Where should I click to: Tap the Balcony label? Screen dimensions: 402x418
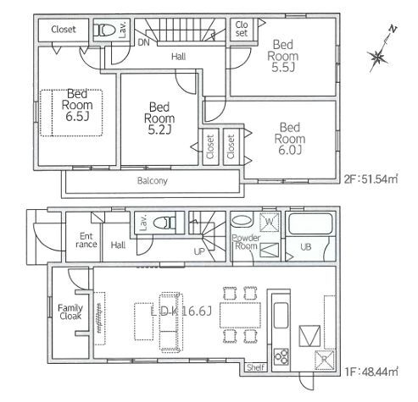(152, 181)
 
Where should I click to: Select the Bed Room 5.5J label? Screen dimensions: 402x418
(284, 56)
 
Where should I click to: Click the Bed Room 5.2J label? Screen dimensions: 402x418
(159, 118)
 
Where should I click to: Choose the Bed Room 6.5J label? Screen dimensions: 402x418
(76, 107)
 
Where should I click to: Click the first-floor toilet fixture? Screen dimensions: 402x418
(170, 224)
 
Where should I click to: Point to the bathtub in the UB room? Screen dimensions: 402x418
(307, 224)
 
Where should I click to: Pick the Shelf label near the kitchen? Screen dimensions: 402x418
(254, 367)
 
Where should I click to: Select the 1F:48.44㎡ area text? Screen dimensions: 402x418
(373, 369)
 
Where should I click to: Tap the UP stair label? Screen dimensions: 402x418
(198, 251)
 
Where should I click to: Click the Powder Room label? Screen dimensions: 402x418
(246, 242)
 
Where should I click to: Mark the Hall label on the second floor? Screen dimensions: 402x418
(178, 57)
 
